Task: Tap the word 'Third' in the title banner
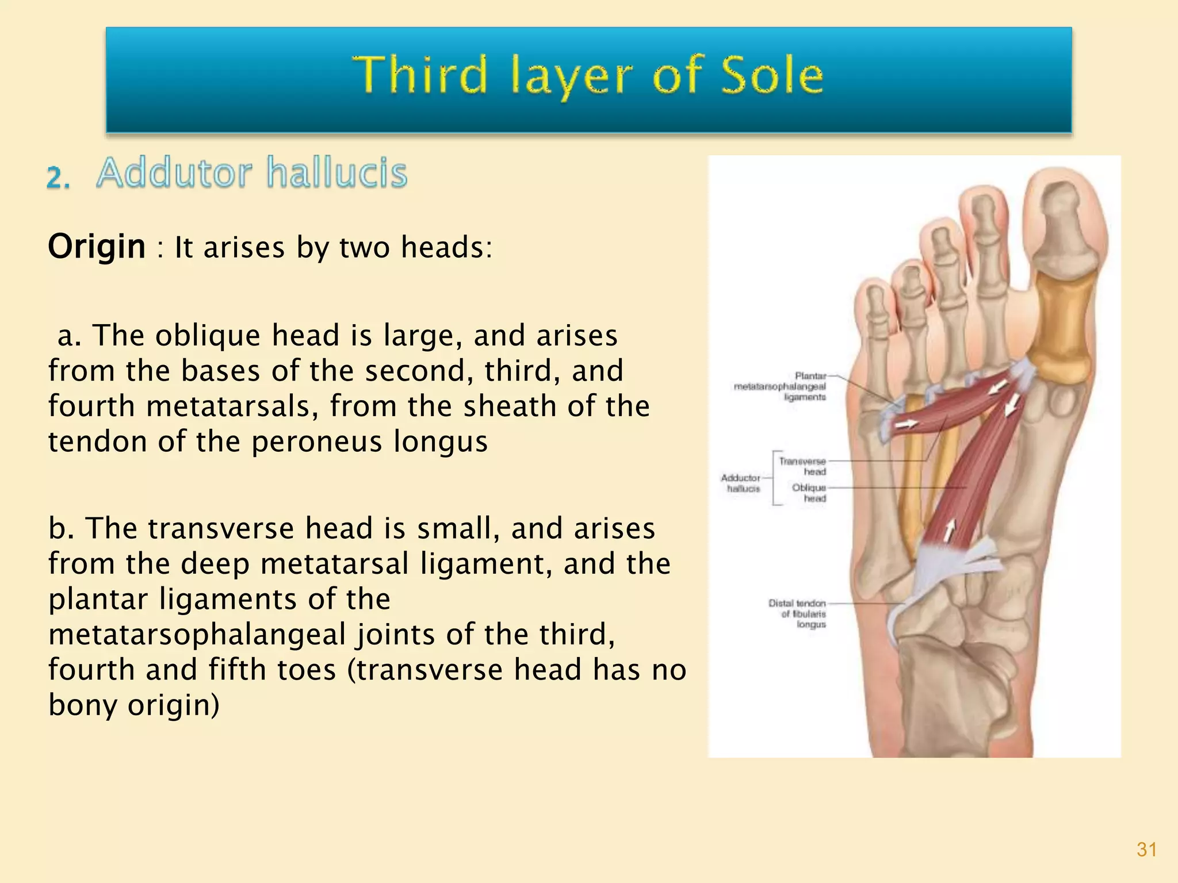pos(419,75)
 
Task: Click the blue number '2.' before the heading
pos(58,178)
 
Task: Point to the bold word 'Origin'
pos(97,247)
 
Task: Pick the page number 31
pos(1146,850)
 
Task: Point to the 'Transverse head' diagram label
pos(802,466)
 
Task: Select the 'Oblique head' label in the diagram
pos(809,493)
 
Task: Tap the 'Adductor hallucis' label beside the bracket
pos(741,483)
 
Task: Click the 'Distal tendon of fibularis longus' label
pos(798,613)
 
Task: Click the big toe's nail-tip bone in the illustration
pos(1060,201)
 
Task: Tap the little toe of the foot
pos(873,305)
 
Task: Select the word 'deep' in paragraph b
pos(215,563)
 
